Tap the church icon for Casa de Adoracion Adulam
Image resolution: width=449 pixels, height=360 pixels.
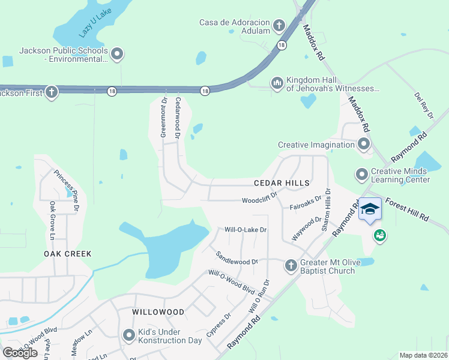click(x=279, y=25)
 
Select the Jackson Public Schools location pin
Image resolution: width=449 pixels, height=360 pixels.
click(x=117, y=55)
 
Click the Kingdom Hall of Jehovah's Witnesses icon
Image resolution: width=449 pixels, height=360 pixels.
click(x=277, y=82)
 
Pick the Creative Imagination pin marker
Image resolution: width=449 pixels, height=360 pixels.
click(x=363, y=144)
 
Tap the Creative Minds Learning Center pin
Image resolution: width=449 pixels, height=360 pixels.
click(x=361, y=174)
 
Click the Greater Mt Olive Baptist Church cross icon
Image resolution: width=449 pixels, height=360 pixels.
click(x=291, y=265)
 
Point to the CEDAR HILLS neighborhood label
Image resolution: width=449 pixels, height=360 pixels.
click(x=282, y=182)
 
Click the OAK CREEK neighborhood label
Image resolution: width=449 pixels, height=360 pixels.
click(x=68, y=254)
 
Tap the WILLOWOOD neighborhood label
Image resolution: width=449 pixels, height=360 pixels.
click(x=158, y=313)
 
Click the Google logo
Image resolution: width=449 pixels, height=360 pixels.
click(x=20, y=353)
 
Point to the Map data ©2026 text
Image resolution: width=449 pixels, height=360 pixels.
click(x=423, y=355)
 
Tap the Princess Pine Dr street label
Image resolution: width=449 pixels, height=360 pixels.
click(x=67, y=191)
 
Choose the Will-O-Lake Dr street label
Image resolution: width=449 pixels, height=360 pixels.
click(x=245, y=230)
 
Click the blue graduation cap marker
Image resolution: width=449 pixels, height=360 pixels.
click(x=370, y=209)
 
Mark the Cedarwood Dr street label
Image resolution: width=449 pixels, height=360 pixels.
click(x=178, y=118)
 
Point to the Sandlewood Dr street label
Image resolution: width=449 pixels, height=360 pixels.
click(x=237, y=258)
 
